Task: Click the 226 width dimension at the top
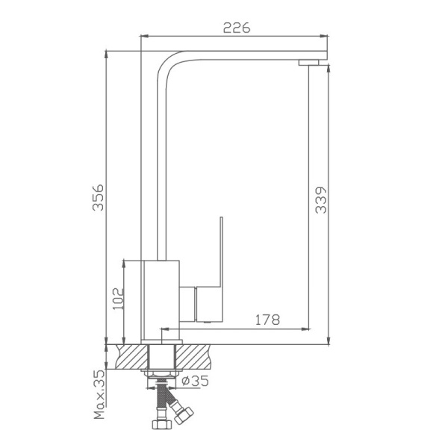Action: point(236,28)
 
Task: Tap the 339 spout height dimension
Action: point(320,200)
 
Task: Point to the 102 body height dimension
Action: point(117,298)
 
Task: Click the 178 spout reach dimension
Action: point(267,320)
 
